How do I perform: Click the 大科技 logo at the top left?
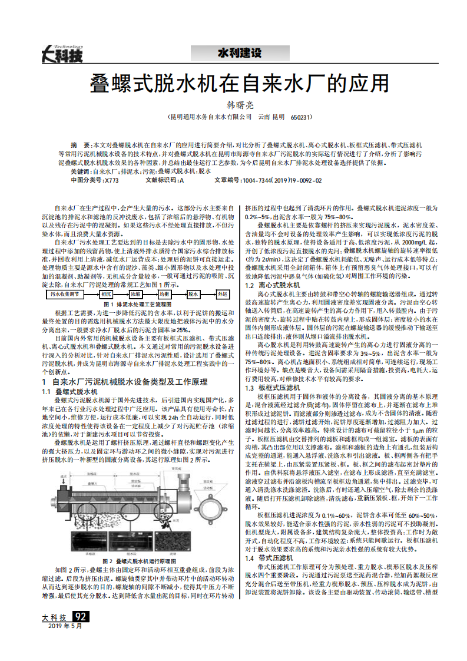62,54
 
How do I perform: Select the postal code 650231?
301,118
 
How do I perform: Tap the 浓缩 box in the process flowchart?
135,293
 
